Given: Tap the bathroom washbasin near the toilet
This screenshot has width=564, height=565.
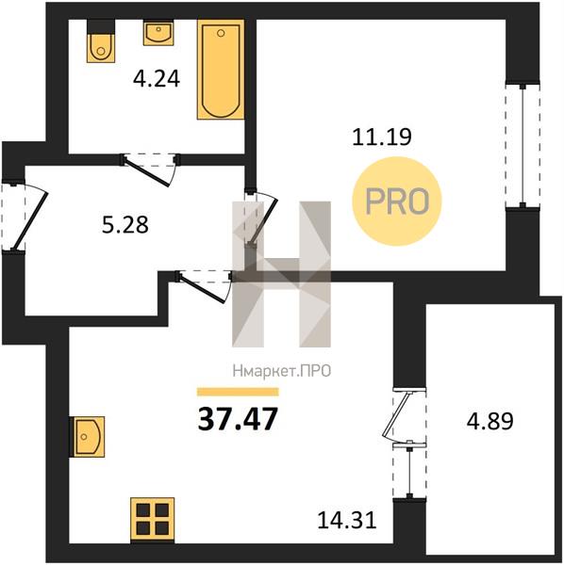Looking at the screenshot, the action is tap(158, 33).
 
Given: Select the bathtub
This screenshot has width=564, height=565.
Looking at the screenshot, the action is tap(221, 70).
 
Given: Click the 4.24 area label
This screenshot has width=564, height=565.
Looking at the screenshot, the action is tap(157, 79).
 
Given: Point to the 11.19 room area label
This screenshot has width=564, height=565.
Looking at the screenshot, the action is tap(382, 137).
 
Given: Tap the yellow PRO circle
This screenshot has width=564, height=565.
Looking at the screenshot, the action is tap(397, 202).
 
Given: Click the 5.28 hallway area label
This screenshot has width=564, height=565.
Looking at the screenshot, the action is tap(124, 225).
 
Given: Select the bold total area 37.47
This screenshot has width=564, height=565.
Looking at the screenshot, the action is tap(238, 419).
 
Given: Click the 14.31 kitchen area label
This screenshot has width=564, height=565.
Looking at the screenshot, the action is tap(347, 520).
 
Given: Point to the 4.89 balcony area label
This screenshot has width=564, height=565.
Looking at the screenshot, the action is tap(490, 421).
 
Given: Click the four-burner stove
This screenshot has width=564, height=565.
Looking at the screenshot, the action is tap(152, 520).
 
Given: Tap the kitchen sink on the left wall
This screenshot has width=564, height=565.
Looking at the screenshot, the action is tap(87, 437).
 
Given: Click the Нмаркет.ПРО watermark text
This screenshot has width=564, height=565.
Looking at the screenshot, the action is tap(282, 371).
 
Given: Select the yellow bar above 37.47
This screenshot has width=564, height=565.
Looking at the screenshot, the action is tap(238, 392).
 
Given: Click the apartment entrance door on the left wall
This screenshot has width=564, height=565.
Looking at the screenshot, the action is tap(25, 217).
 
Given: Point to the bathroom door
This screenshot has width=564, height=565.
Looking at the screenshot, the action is tap(150, 169).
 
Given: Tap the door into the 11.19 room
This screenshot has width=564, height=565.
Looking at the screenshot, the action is tap(260, 217).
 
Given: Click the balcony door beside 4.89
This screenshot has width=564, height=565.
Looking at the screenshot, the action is tap(405, 416).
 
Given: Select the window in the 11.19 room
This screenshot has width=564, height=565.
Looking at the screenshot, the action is tap(523, 146).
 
